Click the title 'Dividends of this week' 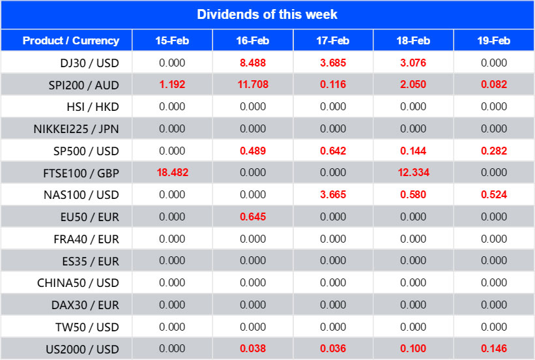coord(267,14)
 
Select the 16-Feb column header coord(253,40)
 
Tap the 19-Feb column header coord(493,40)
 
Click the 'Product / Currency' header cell coord(71,40)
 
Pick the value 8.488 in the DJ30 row coord(253,63)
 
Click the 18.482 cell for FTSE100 coord(172,173)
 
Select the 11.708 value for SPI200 coord(253,85)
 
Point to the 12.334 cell coord(413,173)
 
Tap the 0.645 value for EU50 coord(253,217)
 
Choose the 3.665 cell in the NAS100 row coord(333,194)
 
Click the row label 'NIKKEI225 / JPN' coord(76,128)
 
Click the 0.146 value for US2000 coord(493,348)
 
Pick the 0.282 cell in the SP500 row coord(493,151)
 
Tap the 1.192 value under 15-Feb coord(172,85)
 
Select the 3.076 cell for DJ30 coord(413,63)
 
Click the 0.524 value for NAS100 coord(493,194)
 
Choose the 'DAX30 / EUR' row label coord(85,305)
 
